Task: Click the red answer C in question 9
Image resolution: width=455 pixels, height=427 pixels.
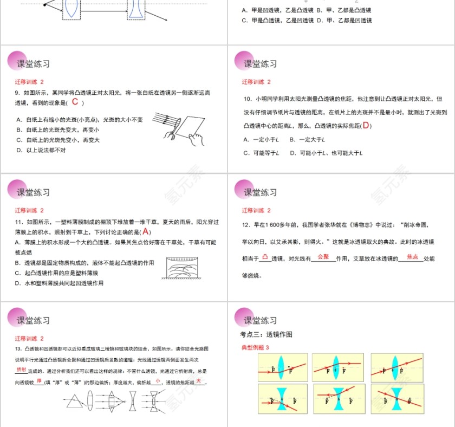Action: coord(75,102)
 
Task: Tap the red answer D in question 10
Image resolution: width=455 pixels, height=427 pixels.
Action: coord(366,126)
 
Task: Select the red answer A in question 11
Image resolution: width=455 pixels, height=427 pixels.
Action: coord(145,231)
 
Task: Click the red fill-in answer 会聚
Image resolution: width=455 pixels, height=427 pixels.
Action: coord(323,256)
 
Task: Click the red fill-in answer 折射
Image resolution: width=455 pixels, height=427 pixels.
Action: coord(21,369)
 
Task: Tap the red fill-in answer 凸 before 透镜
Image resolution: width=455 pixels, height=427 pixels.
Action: coord(264,256)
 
